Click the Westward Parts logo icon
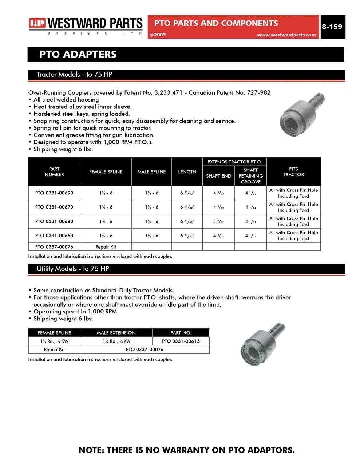(x=37, y=24)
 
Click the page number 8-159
(x=332, y=27)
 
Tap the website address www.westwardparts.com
(x=286, y=35)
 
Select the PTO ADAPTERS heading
(x=78, y=55)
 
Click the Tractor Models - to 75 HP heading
(x=74, y=75)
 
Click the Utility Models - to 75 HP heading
(x=73, y=269)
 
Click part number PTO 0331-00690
(x=54, y=193)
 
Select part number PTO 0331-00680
(x=54, y=221)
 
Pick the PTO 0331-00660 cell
(x=54, y=236)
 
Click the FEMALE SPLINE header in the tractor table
(x=106, y=172)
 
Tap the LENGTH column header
(x=187, y=172)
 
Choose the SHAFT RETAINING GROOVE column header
(x=250, y=176)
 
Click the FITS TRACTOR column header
(x=293, y=172)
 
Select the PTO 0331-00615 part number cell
(x=181, y=341)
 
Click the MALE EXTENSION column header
(x=116, y=333)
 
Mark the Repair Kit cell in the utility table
(x=54, y=349)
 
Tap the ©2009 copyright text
(x=158, y=35)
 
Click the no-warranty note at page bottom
(x=186, y=450)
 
